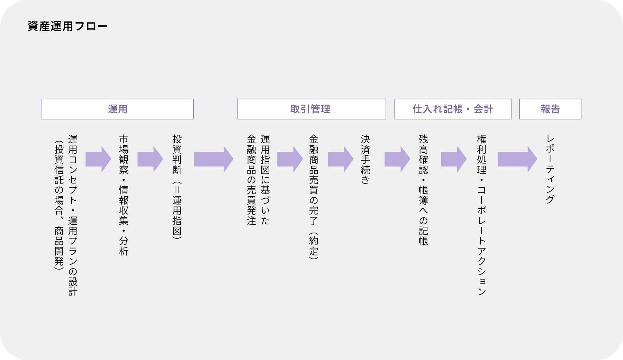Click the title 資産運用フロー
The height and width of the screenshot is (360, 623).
[x=67, y=26]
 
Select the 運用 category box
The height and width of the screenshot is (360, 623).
[x=118, y=109]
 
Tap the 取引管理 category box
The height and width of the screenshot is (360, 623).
[x=311, y=109]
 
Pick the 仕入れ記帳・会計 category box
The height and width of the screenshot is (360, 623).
[x=452, y=109]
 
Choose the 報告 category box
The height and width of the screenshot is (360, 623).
[x=550, y=109]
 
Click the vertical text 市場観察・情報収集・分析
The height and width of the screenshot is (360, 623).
[x=124, y=195]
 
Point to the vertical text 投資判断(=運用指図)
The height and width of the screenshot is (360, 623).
[x=177, y=187]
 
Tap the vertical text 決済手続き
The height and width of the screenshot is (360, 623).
[x=365, y=159]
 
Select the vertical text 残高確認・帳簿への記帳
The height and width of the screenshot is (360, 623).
[x=423, y=190]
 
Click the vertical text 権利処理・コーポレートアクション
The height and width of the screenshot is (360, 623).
[x=481, y=215]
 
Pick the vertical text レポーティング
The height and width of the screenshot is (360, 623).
[x=550, y=169]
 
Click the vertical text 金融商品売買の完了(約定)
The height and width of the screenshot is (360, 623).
[x=314, y=197]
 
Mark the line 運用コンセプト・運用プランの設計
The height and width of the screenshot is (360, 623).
[x=73, y=215]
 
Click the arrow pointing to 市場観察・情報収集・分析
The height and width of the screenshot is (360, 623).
[x=98, y=159]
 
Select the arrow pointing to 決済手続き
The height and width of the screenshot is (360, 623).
[x=341, y=159]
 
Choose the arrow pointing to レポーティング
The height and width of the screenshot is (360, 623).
[x=517, y=159]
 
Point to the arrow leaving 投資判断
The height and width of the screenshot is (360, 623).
[x=213, y=159]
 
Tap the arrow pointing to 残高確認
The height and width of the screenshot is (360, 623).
[x=397, y=159]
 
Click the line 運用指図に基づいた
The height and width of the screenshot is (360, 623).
[x=265, y=180]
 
